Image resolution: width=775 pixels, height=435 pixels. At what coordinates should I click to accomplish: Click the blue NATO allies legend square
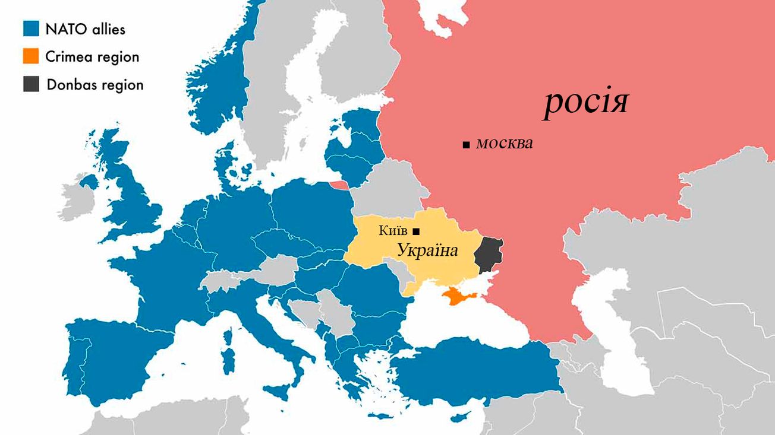[31, 28]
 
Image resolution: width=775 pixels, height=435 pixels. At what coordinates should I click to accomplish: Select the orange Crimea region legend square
[31, 57]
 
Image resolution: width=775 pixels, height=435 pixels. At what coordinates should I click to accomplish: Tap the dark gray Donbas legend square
[31, 84]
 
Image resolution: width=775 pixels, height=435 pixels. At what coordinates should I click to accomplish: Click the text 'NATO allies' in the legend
[86, 28]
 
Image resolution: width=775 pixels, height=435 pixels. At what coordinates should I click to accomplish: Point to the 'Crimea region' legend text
[92, 57]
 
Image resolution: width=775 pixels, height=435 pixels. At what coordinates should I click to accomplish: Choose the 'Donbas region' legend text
[95, 85]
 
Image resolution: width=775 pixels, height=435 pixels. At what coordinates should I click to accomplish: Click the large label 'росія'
[585, 103]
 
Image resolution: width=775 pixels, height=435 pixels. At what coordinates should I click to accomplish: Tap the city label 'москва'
[505, 143]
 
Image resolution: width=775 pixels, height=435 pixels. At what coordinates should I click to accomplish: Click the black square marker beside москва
[466, 144]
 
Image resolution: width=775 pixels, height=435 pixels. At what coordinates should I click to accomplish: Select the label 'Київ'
[393, 230]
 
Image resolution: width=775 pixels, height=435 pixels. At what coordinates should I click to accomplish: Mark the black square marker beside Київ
[416, 230]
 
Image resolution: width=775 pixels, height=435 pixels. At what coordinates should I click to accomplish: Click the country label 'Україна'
[427, 250]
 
